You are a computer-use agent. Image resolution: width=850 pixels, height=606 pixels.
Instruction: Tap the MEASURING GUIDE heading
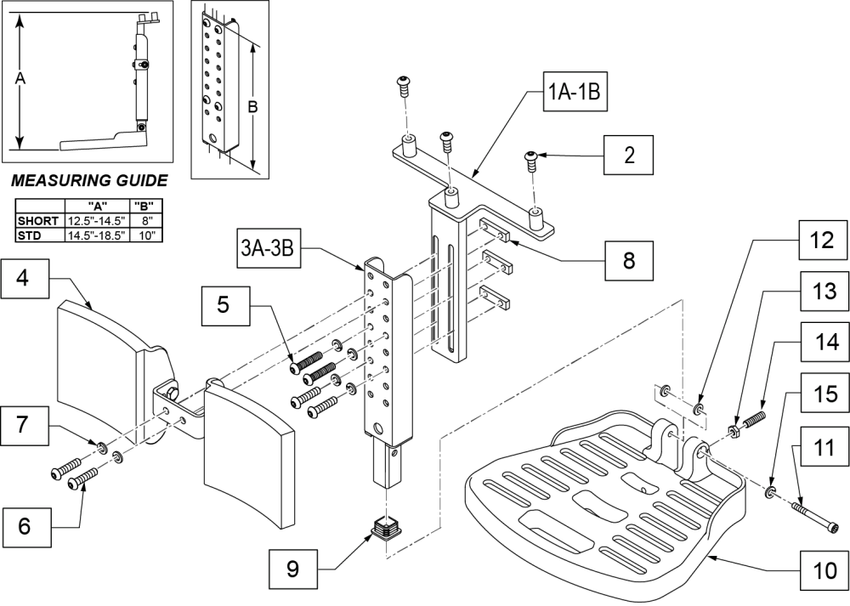[x=88, y=181]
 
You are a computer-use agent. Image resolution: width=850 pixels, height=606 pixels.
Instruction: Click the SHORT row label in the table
[x=37, y=221]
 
